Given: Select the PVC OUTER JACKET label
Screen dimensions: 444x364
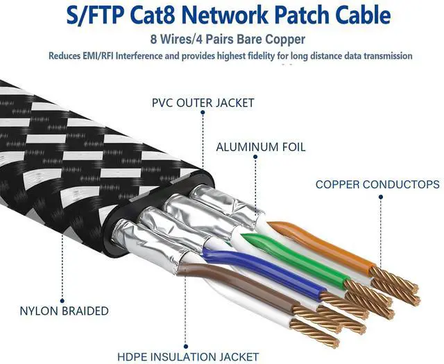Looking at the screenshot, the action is (203, 103).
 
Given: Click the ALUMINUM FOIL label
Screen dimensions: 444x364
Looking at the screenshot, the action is (260, 147).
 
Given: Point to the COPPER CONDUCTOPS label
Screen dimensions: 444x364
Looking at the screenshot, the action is (377, 184).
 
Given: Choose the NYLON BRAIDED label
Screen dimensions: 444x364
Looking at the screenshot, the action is (65, 311).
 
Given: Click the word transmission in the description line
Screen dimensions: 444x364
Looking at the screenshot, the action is (385, 56).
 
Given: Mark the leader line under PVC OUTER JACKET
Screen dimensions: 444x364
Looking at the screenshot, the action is (203, 139).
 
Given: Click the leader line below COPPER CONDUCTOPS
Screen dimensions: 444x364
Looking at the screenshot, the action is (380, 229).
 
